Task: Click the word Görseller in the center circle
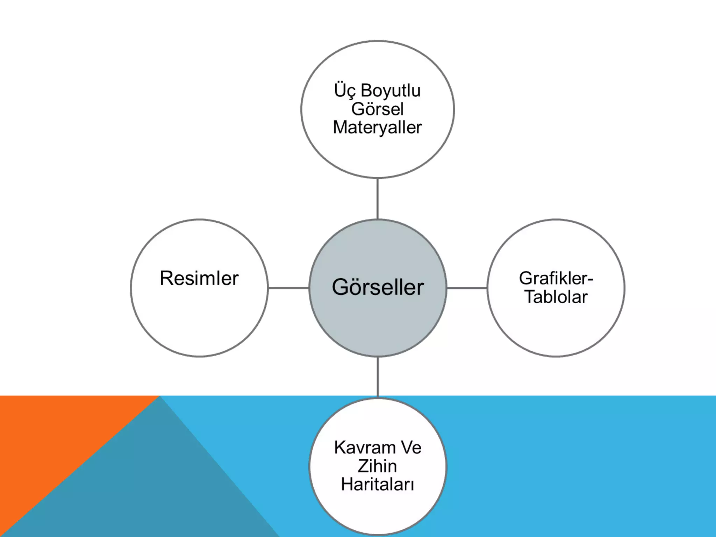click(378, 288)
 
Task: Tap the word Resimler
click(199, 279)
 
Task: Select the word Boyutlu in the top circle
click(391, 91)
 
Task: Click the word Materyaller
click(377, 127)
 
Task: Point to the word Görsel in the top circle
click(377, 109)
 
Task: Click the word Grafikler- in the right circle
click(556, 279)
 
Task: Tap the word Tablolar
click(556, 297)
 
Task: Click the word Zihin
click(377, 466)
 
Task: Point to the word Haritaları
click(377, 485)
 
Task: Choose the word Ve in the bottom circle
click(411, 448)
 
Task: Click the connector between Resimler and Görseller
click(288, 288)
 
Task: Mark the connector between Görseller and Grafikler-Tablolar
click(467, 288)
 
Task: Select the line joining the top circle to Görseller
click(378, 199)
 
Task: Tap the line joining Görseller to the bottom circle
click(378, 377)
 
